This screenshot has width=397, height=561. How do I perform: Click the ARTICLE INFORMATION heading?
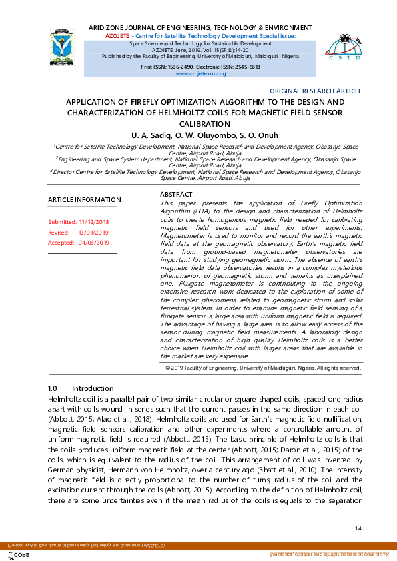[85, 199]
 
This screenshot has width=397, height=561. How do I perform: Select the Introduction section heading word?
[93, 388]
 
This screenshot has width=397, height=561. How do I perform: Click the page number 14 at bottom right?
[358, 528]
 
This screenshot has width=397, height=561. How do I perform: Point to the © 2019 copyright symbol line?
[263, 367]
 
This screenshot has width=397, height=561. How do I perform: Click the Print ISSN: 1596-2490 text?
[171, 67]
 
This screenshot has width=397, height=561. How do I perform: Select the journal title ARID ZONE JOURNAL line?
[200, 27]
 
